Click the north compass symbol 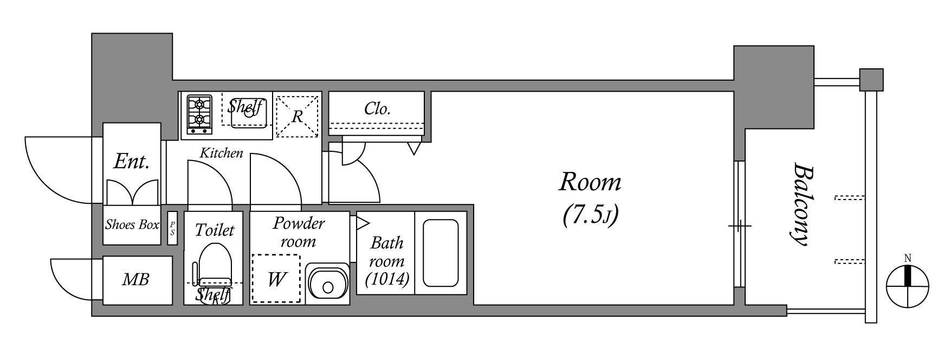tap(908, 285)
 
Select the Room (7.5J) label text tap(590, 197)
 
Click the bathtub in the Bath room tap(441, 253)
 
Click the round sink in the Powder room tap(327, 284)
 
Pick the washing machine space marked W tap(276, 279)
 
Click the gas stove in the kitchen tap(199, 114)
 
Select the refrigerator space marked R tap(297, 116)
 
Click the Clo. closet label tap(377, 109)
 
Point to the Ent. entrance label tap(131, 161)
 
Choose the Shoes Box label tap(132, 224)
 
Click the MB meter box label tap(135, 280)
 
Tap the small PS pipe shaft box tap(172, 228)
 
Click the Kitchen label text tap(221, 153)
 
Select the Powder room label tap(299, 232)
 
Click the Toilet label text tap(215, 230)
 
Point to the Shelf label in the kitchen tap(245, 106)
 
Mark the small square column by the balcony tap(871, 80)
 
